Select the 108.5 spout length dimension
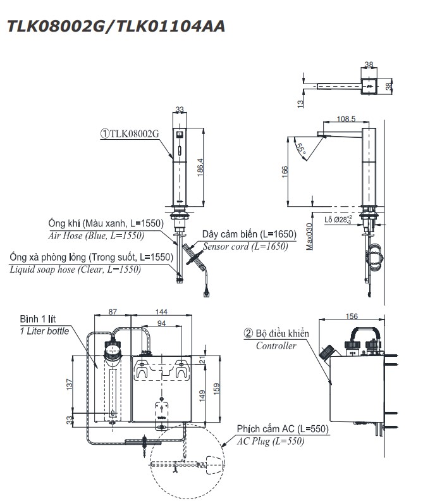point(346,118)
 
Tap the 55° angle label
point(302,150)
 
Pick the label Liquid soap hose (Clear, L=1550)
point(75,269)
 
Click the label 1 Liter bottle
point(44,331)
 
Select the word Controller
point(276,346)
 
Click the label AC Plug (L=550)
point(270,441)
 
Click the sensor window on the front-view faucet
point(179,135)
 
